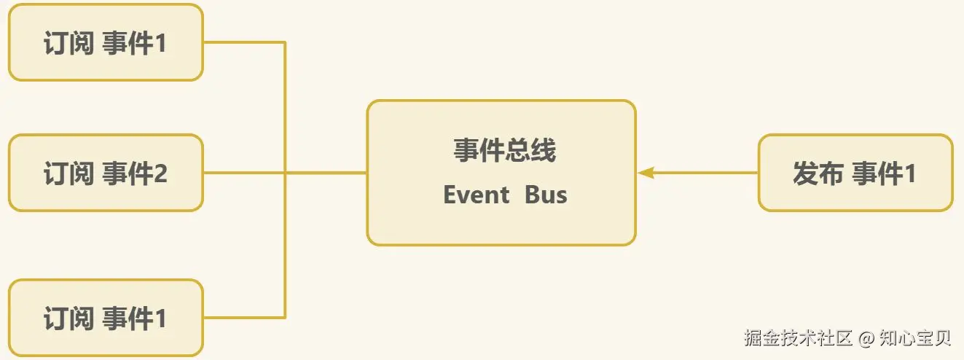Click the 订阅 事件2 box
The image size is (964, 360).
(105, 173)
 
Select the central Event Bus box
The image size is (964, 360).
(501, 173)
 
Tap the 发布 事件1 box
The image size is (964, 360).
(855, 173)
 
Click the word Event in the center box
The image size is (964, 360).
(477, 195)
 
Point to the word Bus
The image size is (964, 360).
(546, 195)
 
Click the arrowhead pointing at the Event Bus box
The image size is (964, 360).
(646, 173)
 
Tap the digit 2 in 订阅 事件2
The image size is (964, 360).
(160, 174)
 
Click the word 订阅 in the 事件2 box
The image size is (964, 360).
(68, 174)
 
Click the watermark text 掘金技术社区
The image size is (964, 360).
(799, 338)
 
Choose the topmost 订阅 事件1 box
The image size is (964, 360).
(105, 43)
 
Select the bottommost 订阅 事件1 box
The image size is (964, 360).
(105, 318)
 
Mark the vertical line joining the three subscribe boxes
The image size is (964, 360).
(285, 109)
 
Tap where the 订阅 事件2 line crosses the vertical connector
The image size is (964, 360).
(285, 173)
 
